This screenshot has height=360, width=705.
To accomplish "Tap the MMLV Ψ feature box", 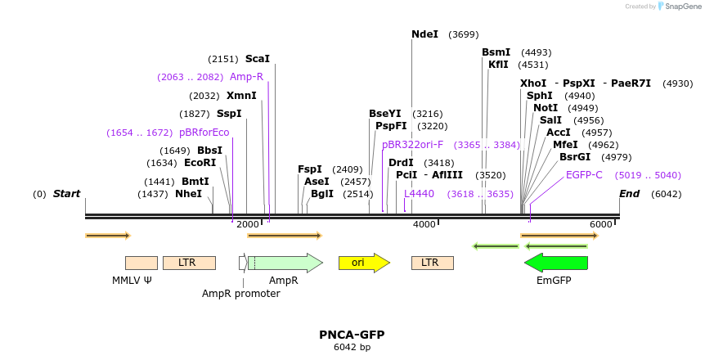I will click(141, 263).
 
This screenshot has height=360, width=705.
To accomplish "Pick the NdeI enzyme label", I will click(424, 34).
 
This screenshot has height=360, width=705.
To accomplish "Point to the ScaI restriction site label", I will click(258, 59).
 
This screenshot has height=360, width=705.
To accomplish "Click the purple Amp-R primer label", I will click(246, 77).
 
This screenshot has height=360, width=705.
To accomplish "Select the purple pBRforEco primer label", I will click(204, 133).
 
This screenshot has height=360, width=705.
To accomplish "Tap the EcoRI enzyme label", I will click(200, 163).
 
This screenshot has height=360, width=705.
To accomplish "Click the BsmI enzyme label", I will click(496, 52).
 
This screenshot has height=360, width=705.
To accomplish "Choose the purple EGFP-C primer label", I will click(584, 175).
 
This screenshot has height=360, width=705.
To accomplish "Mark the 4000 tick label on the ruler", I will click(424, 224).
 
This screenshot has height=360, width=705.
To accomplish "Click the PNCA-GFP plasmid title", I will click(352, 335).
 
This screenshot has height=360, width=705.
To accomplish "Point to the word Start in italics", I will click(66, 194).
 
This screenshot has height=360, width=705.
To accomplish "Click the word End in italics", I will click(629, 194).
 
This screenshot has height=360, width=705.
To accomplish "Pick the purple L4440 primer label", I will click(419, 194).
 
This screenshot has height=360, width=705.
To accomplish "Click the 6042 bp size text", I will click(352, 347).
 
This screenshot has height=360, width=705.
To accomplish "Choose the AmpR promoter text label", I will click(240, 294).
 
